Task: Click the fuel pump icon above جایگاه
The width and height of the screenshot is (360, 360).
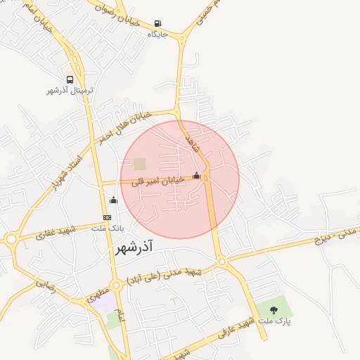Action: [157, 23]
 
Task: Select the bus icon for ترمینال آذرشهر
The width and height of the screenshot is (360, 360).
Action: [70, 79]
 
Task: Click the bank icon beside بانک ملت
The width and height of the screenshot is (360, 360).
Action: [107, 217]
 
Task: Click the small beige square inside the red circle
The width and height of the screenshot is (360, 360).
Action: [140, 164]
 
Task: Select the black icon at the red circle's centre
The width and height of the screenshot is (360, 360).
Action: [196, 176]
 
